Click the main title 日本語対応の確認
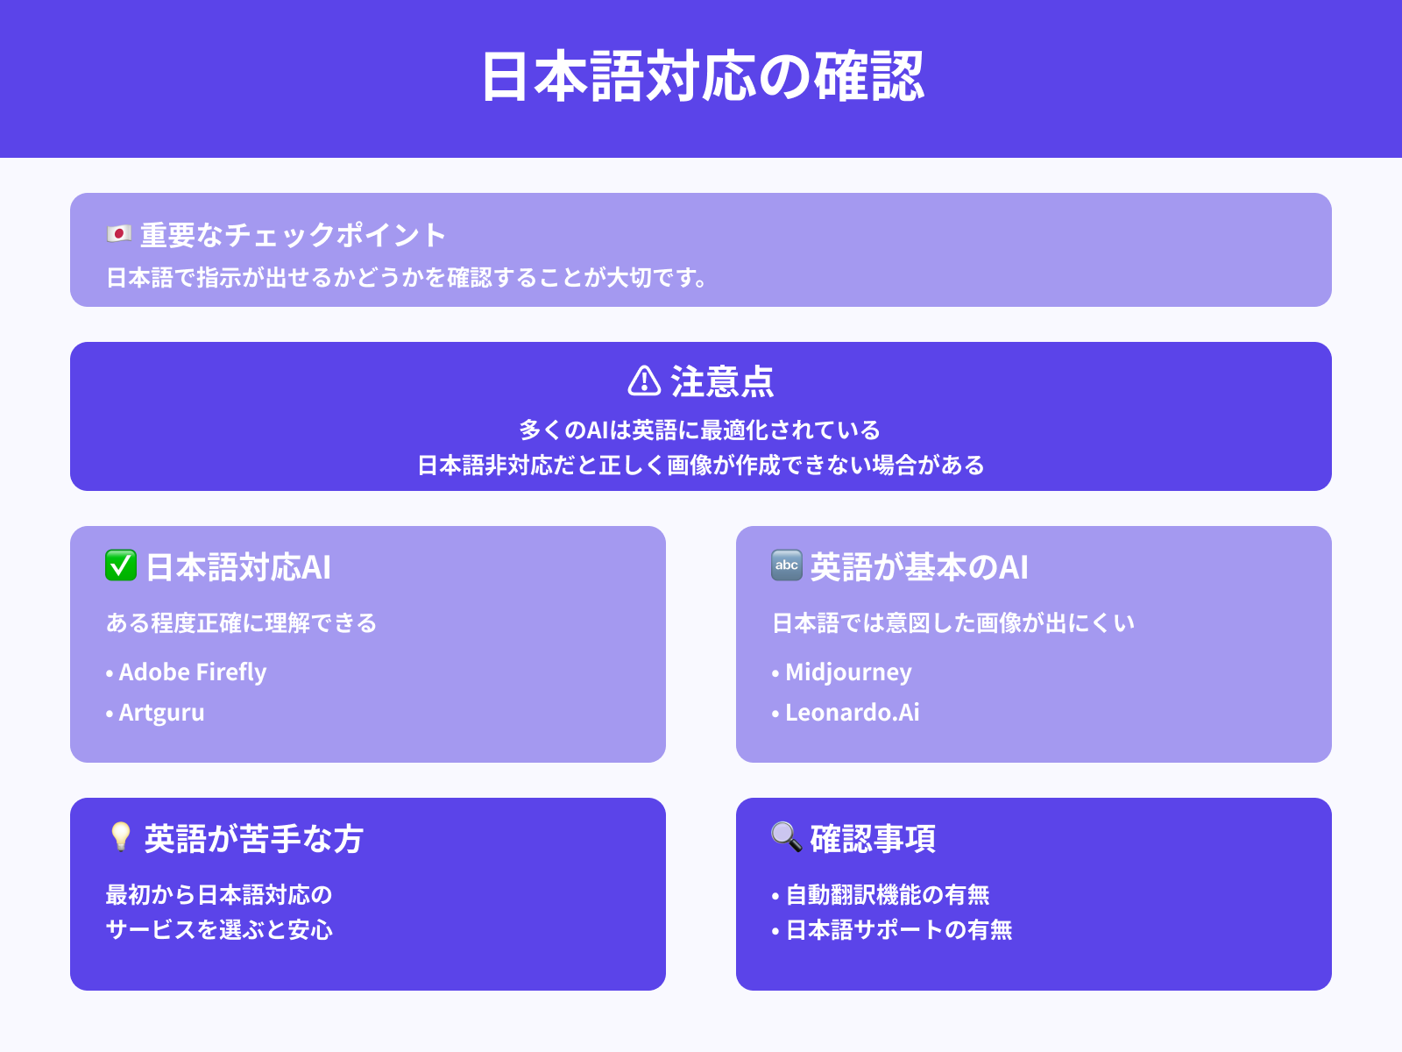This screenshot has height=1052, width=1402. [x=702, y=77]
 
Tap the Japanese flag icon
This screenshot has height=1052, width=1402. [x=119, y=234]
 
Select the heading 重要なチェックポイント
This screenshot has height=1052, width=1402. [x=293, y=235]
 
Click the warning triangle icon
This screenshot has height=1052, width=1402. [x=644, y=381]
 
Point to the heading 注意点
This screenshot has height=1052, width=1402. [x=722, y=382]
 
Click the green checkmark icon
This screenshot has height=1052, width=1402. [x=121, y=565]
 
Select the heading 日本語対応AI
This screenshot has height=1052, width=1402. [x=238, y=567]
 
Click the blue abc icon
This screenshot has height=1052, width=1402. [x=786, y=565]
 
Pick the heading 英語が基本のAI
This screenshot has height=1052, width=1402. [x=918, y=567]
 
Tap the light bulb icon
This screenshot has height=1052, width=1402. [x=120, y=837]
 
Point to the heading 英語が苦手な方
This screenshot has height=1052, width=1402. [x=253, y=839]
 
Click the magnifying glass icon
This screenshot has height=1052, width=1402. [x=786, y=837]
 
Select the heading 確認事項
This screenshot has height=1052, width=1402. [x=873, y=839]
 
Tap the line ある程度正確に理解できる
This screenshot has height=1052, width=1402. [x=241, y=623]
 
